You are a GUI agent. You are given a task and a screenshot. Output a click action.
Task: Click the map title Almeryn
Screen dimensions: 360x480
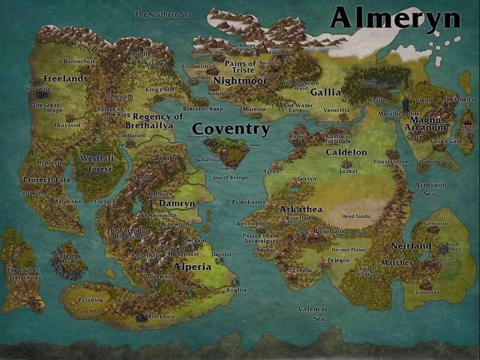tap(395, 18)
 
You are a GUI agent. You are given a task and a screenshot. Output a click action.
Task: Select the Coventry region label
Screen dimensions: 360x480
tap(231, 129)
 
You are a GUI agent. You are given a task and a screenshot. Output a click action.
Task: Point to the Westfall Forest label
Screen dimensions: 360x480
tap(97, 164)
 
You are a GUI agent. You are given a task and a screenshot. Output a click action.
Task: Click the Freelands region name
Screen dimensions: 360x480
tap(65, 79)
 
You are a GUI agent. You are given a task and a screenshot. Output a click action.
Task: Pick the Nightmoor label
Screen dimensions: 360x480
tap(240, 81)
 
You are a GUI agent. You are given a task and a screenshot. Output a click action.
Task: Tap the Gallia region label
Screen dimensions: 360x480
tap(325, 92)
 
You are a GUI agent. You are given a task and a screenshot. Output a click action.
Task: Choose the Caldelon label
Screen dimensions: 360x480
tap(346, 152)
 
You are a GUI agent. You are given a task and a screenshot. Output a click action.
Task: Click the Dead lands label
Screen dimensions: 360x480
tap(356, 216)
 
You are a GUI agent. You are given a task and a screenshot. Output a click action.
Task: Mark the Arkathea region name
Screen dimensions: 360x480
tap(301, 209)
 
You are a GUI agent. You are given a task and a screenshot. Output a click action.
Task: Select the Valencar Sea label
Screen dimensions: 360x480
tap(313, 314)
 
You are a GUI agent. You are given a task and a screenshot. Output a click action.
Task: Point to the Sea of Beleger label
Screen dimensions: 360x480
tap(231, 177)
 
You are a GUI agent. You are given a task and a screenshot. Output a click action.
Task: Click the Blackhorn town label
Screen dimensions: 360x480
tap(161, 317)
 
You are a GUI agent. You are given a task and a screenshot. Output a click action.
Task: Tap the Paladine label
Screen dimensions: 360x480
tap(91, 300)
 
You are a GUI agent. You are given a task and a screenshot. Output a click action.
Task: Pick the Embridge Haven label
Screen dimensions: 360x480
tap(68, 259)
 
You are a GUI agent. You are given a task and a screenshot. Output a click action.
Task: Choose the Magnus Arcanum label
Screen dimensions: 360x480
tap(425, 124)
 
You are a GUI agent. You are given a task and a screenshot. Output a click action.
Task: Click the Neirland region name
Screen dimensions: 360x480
tap(411, 246)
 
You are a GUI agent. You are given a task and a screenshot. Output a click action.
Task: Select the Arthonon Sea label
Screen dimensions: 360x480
tap(430, 190)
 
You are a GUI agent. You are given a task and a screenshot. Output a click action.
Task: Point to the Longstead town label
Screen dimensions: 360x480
tap(427, 292)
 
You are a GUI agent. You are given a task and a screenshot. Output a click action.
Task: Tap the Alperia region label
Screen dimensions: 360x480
tap(192, 267)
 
